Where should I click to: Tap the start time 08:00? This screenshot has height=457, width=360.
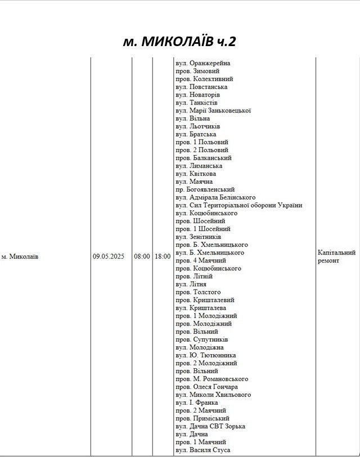coord(142,256)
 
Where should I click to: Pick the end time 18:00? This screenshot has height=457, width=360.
coord(163,256)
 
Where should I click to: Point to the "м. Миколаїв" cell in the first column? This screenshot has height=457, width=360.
coord(20,257)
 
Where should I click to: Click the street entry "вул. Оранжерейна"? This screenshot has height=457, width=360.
coord(202,64)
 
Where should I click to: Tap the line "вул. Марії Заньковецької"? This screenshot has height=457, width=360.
coord(213,111)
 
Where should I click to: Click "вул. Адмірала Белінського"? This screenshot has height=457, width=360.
coord(215,198)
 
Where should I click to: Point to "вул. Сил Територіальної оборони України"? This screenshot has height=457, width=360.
coord(238,206)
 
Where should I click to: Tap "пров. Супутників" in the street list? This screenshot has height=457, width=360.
coord(201,340)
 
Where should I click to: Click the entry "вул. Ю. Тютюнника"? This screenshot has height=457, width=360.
coord(205,356)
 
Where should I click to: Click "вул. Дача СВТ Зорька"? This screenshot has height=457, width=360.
coord(210,427)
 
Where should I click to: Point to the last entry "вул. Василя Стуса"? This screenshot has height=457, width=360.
coord(202,450)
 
